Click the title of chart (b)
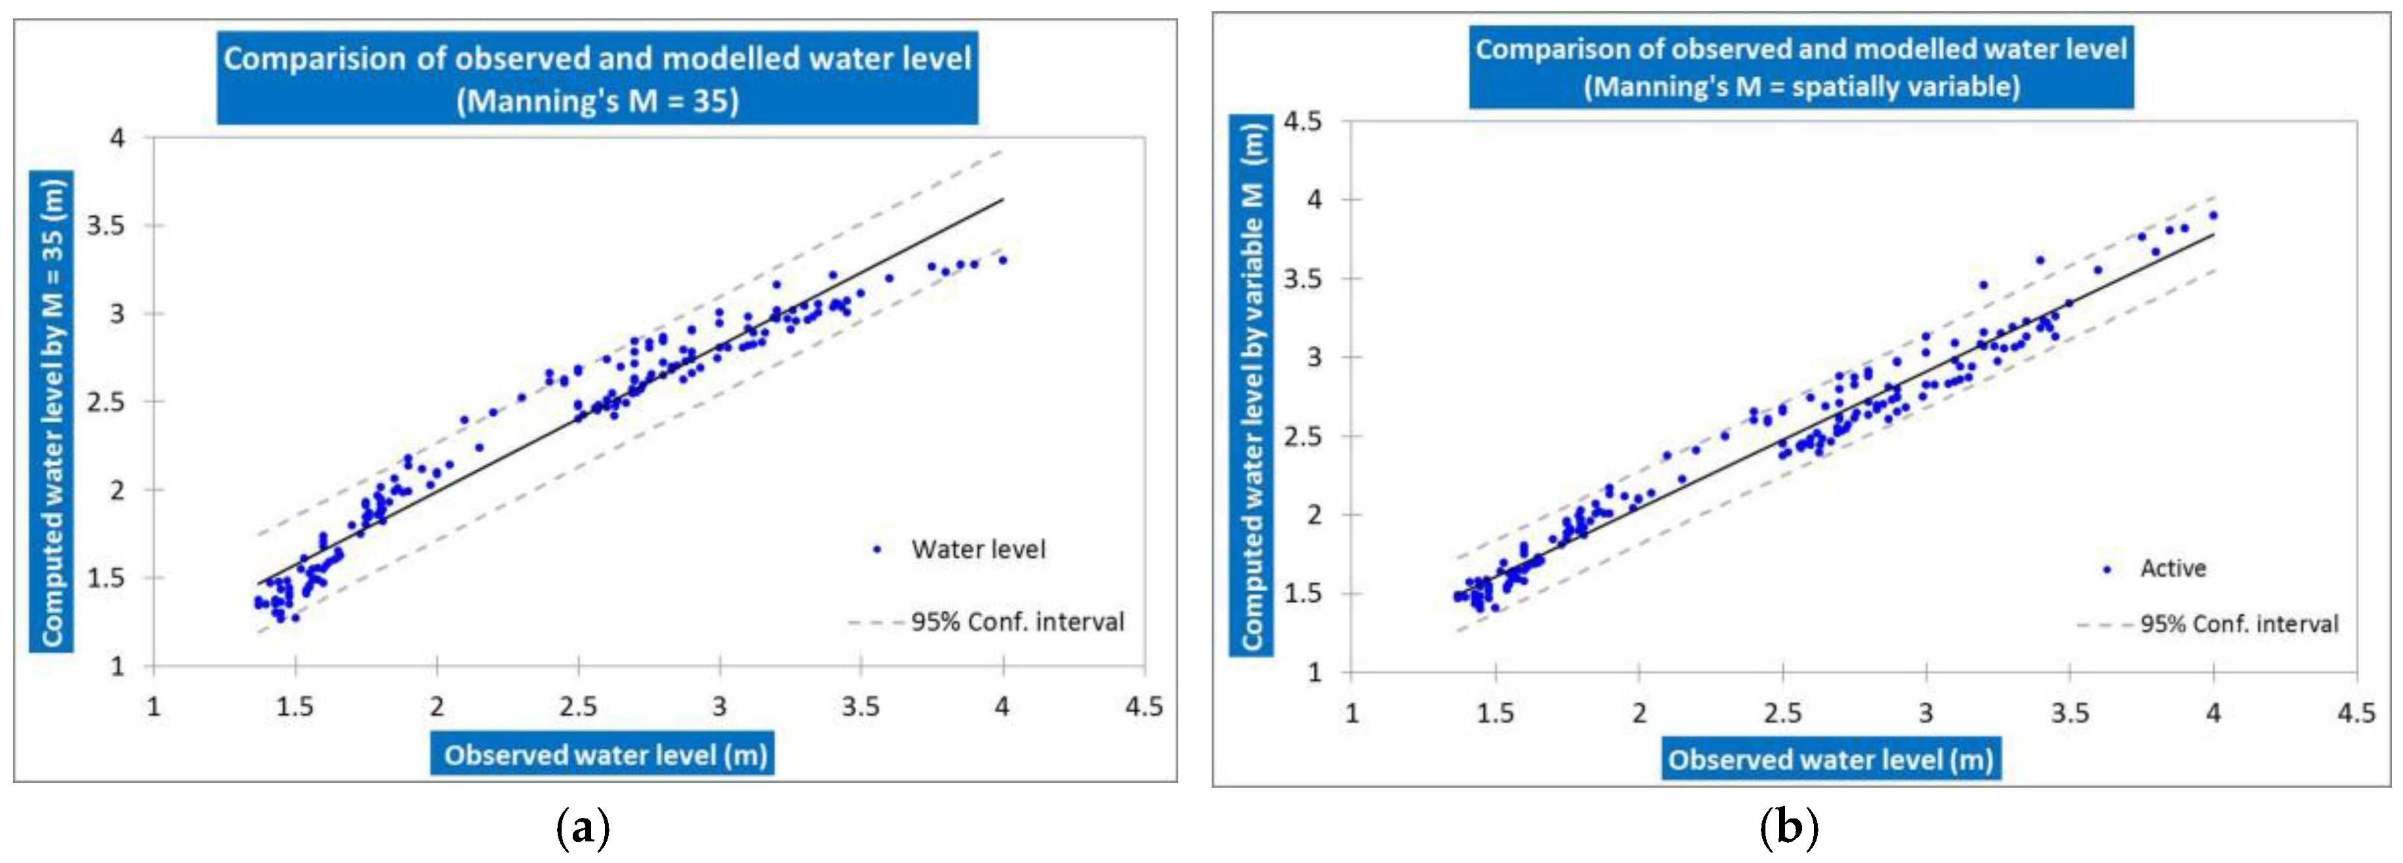coord(1800,67)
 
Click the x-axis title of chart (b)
coord(1830,760)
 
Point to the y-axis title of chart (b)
coord(1251,385)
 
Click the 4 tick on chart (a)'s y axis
coord(118,138)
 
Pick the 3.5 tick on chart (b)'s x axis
coord(2069,714)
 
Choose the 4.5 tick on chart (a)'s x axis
coord(1144,707)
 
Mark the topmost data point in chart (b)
coord(2213,215)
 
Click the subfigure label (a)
coord(583,828)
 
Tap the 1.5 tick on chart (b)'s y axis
coord(1303,593)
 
